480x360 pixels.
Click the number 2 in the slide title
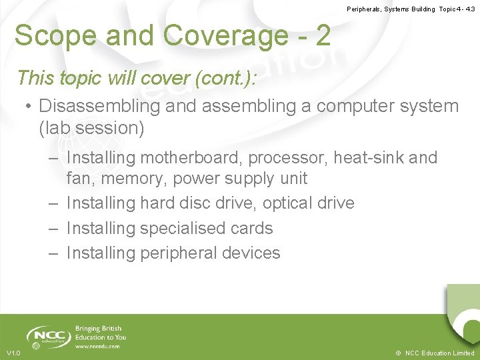323,35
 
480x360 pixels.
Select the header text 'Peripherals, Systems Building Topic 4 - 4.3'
411,9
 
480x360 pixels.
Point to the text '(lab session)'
91,128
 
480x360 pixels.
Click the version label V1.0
13,353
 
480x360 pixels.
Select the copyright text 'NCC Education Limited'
439,353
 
